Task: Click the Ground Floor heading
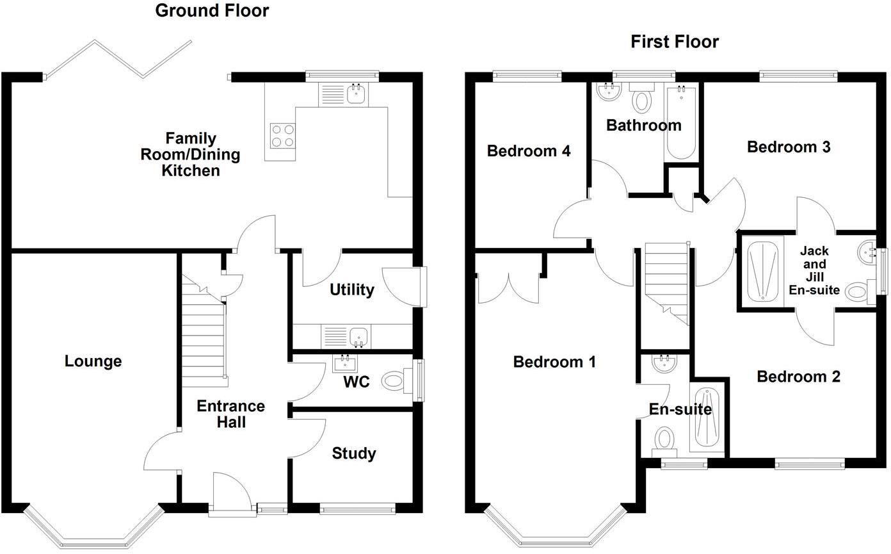pyautogui.click(x=212, y=11)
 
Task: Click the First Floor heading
pyautogui.click(x=674, y=42)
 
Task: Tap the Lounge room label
pyautogui.click(x=93, y=361)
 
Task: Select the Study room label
pyautogui.click(x=353, y=453)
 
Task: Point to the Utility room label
pyautogui.click(x=351, y=290)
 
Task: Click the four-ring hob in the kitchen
pyautogui.click(x=282, y=135)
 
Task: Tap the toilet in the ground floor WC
pyautogui.click(x=396, y=382)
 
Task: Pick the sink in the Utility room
pyautogui.click(x=358, y=336)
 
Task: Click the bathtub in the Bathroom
pyautogui.click(x=681, y=122)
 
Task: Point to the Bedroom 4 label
pyautogui.click(x=528, y=151)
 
